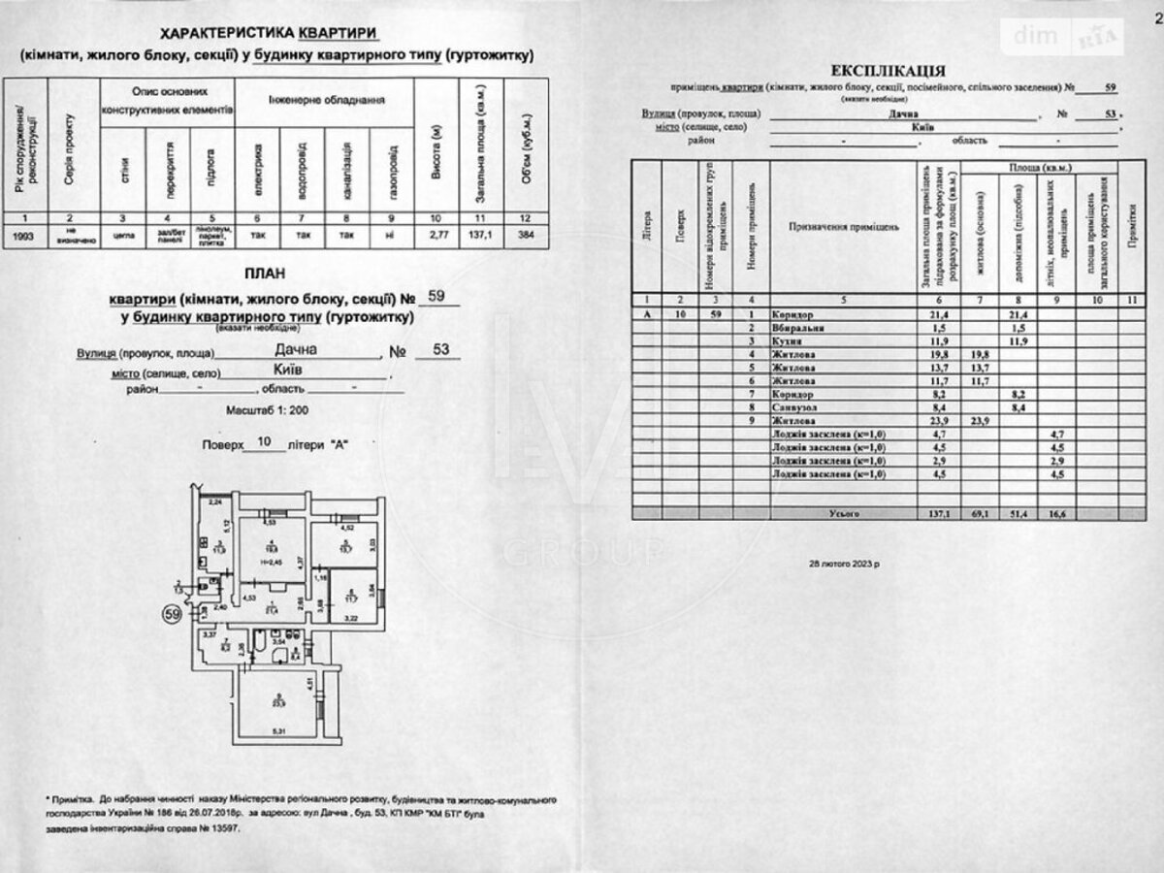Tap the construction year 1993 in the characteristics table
click(29, 235)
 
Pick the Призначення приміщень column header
click(844, 226)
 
